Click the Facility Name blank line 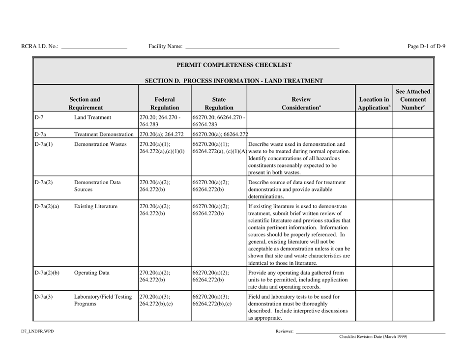point(262,47)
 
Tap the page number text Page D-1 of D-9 point(427,47)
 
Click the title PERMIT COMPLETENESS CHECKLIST point(234,65)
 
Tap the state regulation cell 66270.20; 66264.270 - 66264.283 point(218,121)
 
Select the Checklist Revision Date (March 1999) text point(373,337)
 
